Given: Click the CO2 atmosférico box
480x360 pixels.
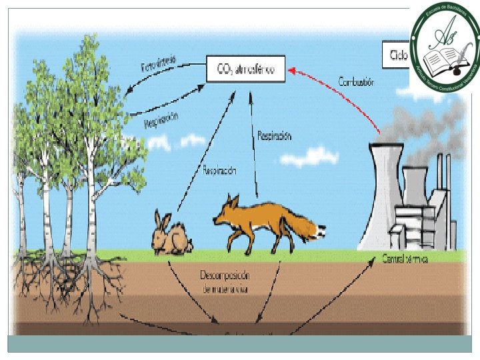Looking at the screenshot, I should point(245,68).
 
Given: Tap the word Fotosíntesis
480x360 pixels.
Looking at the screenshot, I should point(158,64).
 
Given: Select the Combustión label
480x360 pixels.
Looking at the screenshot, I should point(356,82).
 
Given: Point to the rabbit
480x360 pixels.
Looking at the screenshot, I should point(171,235).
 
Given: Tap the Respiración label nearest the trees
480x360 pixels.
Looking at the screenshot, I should point(161,120).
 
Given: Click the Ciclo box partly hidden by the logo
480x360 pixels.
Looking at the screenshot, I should point(395,55).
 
